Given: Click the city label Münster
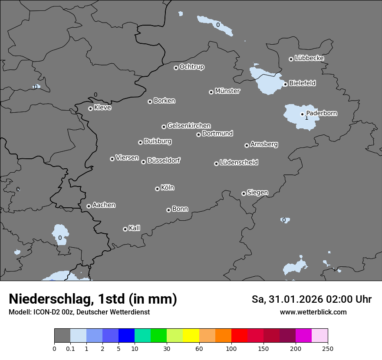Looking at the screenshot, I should coord(227,91).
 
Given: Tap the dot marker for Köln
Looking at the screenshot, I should coord(157,189).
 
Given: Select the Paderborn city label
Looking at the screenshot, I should coord(322,113).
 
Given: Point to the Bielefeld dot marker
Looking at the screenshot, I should coord(285,84).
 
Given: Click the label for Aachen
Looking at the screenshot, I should coord(104,205).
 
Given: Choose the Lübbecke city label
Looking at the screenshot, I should coord(309,58).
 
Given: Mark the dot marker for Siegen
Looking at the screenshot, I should coord(244,193).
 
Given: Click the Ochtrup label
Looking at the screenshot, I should coord(192,67).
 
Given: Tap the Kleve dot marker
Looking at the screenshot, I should coord(90,108).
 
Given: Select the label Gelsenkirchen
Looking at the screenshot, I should coord(189,126).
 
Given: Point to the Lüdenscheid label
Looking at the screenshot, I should coord(239,162).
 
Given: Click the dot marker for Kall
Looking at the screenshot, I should coord(125,229).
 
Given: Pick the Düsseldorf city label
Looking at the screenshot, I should coord(164,160).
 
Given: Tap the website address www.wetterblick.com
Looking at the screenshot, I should coord(313,312).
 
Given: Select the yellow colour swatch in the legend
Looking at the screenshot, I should coord(191,336).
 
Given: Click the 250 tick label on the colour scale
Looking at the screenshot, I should coord(328,348).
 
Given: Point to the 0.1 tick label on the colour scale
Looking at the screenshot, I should coord(70,348).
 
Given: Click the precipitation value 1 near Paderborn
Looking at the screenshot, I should coord(306,118).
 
